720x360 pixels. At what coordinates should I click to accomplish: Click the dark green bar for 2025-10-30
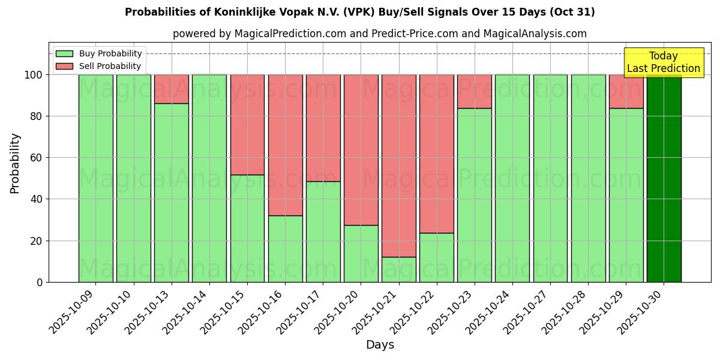point(664,178)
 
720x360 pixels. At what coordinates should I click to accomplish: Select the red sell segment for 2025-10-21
point(399,166)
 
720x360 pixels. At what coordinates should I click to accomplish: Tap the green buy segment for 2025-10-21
point(399,269)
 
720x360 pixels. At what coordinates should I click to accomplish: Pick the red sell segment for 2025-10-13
point(172,89)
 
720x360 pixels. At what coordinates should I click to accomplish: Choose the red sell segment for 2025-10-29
point(626,91)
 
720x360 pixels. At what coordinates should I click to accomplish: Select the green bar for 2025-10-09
point(95,178)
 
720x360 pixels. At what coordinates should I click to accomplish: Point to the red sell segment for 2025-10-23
point(475,91)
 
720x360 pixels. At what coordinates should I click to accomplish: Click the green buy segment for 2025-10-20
point(361,253)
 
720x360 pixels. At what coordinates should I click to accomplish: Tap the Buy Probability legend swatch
point(64,53)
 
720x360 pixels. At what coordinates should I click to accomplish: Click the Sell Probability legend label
point(110,66)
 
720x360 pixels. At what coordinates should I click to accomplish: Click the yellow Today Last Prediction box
point(664,62)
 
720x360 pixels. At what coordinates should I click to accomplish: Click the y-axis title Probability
point(15,163)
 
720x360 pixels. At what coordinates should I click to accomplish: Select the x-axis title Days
point(380,345)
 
